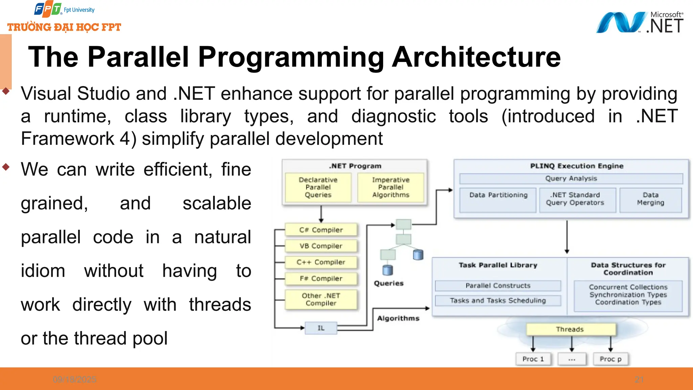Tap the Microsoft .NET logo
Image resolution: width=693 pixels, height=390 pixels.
(640, 23)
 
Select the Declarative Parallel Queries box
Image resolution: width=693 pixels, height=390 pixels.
(318, 188)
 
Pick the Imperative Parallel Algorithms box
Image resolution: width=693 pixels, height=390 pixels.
(390, 188)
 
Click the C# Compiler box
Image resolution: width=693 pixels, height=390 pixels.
(321, 230)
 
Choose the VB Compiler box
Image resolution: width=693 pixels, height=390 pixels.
(321, 246)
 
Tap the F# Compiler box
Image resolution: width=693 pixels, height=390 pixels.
(321, 279)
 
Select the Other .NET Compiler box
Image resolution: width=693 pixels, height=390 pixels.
(321, 299)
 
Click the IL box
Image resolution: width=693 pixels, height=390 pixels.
(321, 328)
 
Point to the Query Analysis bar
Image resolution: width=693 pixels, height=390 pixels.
(571, 178)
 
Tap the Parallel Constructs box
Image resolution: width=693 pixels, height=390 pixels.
(498, 286)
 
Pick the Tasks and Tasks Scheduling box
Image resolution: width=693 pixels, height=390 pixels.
(498, 301)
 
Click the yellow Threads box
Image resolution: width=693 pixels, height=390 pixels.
(571, 329)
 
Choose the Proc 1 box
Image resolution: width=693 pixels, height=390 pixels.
(533, 359)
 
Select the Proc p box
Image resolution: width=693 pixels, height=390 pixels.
(610, 359)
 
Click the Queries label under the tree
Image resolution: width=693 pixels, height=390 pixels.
(389, 283)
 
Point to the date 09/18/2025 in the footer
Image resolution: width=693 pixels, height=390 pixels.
(74, 380)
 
